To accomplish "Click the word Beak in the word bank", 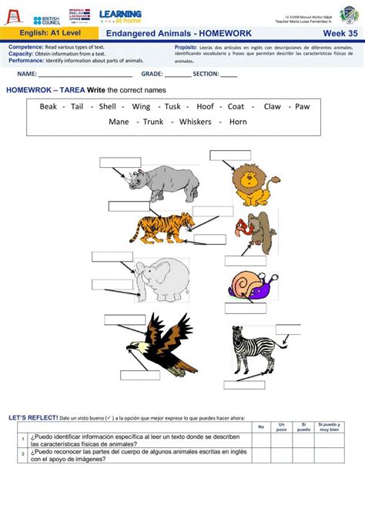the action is click(x=49, y=107).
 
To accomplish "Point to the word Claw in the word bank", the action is click(x=273, y=107).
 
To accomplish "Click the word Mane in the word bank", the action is click(x=119, y=122).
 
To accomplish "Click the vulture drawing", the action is click(x=256, y=230).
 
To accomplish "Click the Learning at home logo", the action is click(x=121, y=16).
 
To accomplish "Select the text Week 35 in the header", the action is click(x=340, y=34).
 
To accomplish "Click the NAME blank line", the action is click(x=85, y=75).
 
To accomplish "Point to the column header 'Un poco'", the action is click(x=282, y=427).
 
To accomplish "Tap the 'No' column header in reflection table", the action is click(x=261, y=426).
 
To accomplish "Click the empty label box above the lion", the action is click(x=230, y=155).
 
